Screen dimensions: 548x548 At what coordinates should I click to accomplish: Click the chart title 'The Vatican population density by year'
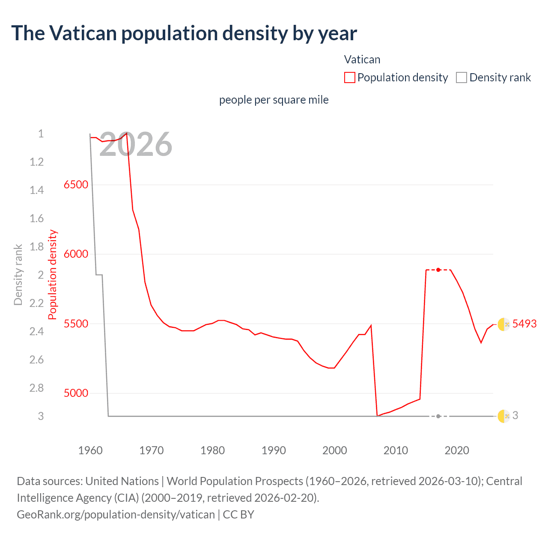pyautogui.click(x=184, y=33)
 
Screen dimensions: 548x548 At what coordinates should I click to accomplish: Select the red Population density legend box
pyautogui.click(x=350, y=77)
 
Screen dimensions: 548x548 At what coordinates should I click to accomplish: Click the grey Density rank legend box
pyautogui.click(x=462, y=77)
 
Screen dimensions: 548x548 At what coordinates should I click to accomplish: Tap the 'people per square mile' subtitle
pyautogui.click(x=274, y=100)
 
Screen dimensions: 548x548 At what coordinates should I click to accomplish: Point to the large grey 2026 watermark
pyautogui.click(x=135, y=144)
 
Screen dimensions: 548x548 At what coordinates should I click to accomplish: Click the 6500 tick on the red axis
pyautogui.click(x=76, y=185)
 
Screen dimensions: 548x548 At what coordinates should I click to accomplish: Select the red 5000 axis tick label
pyautogui.click(x=76, y=393)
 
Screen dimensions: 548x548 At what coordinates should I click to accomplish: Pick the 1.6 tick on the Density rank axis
pyautogui.click(x=37, y=218)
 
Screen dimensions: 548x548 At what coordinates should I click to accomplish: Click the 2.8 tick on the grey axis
pyautogui.click(x=37, y=388)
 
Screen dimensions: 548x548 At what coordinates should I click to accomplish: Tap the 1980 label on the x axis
pyautogui.click(x=212, y=450)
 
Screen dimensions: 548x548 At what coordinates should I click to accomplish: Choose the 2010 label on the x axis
pyautogui.click(x=396, y=450)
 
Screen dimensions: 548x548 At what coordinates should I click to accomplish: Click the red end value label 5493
pyautogui.click(x=524, y=324)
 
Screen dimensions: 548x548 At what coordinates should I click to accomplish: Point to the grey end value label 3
pyautogui.click(x=515, y=415)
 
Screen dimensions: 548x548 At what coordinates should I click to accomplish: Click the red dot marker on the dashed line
pyautogui.click(x=438, y=270)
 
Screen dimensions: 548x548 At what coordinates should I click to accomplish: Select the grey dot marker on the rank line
pyautogui.click(x=438, y=416)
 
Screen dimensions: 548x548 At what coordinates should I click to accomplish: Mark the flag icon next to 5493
pyautogui.click(x=503, y=325)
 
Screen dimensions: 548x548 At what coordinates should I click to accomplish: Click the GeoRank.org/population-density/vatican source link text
pyautogui.click(x=116, y=514)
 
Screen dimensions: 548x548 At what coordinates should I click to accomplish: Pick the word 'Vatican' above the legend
pyautogui.click(x=362, y=60)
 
